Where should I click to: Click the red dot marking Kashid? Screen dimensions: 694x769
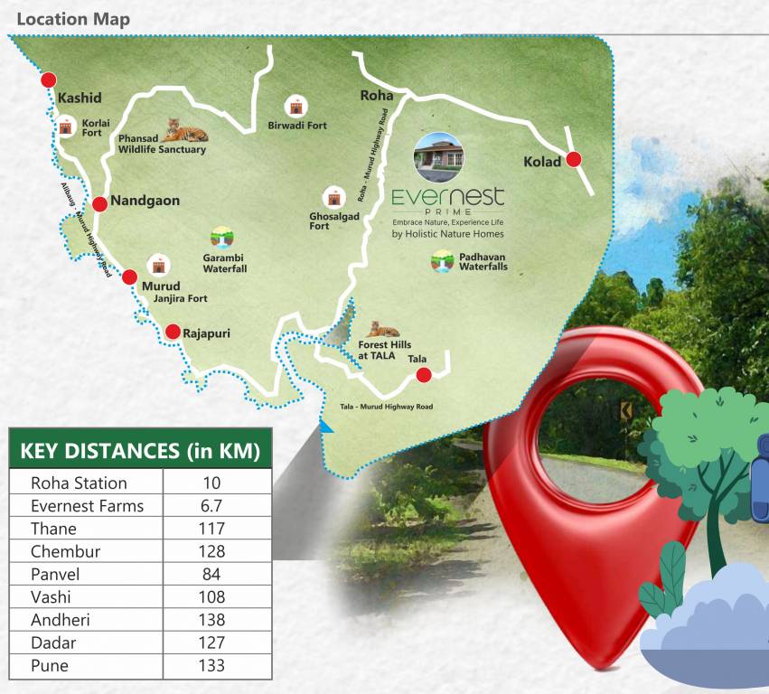pyautogui.click(x=49, y=80)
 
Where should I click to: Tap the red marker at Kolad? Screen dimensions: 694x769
pyautogui.click(x=573, y=160)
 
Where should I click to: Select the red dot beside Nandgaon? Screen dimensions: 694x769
pyautogui.click(x=99, y=204)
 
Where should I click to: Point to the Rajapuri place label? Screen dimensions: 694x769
pyautogui.click(x=206, y=333)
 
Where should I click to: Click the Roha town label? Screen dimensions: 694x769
pyautogui.click(x=376, y=95)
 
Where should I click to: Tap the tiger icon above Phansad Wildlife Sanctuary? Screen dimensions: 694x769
pyautogui.click(x=185, y=131)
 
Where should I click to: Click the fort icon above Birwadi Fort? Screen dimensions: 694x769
pyautogui.click(x=295, y=107)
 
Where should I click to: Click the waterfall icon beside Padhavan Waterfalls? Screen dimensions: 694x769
pyautogui.click(x=442, y=262)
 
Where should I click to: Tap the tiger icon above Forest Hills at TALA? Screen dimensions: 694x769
pyautogui.click(x=383, y=330)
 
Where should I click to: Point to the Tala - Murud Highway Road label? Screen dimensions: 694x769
pyautogui.click(x=387, y=407)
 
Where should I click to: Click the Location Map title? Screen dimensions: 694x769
pyautogui.click(x=73, y=19)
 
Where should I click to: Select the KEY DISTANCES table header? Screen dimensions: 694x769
pyautogui.click(x=140, y=450)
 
